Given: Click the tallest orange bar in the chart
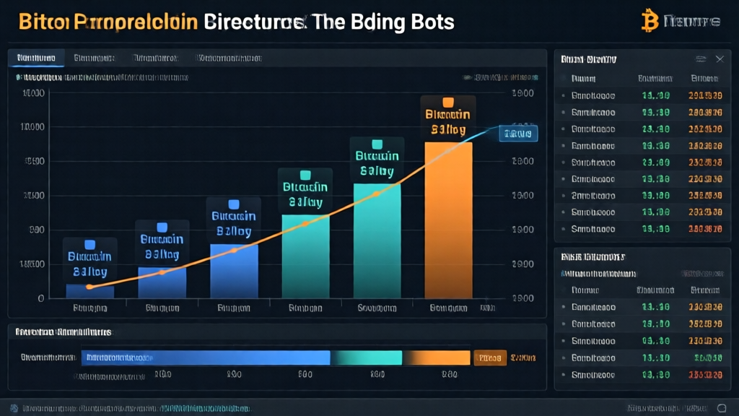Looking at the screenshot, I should coord(448,220).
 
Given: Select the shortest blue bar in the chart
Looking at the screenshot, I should coord(89,291).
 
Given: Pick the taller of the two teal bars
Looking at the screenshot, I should coord(377,240).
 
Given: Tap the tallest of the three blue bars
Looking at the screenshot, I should coord(234,271).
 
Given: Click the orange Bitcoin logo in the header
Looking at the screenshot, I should coord(650,20).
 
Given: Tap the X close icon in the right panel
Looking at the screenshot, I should coord(720,59).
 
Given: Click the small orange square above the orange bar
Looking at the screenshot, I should coord(447,102).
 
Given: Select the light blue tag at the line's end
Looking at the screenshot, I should coord(518,134).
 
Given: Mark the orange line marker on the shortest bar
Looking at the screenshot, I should coord(89,287).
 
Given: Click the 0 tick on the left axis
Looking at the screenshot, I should coord(41,298).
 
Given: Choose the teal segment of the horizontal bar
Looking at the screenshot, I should coord(365,357).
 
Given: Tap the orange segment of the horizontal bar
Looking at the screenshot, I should coord(436,357).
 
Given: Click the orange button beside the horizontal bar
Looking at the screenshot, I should coord(489,357).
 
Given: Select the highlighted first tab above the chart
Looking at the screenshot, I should coord(36,58).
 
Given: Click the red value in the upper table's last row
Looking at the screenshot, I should coord(705,229).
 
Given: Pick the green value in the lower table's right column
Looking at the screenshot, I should coord(705,357).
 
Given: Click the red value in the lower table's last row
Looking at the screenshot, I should coord(705,374).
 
